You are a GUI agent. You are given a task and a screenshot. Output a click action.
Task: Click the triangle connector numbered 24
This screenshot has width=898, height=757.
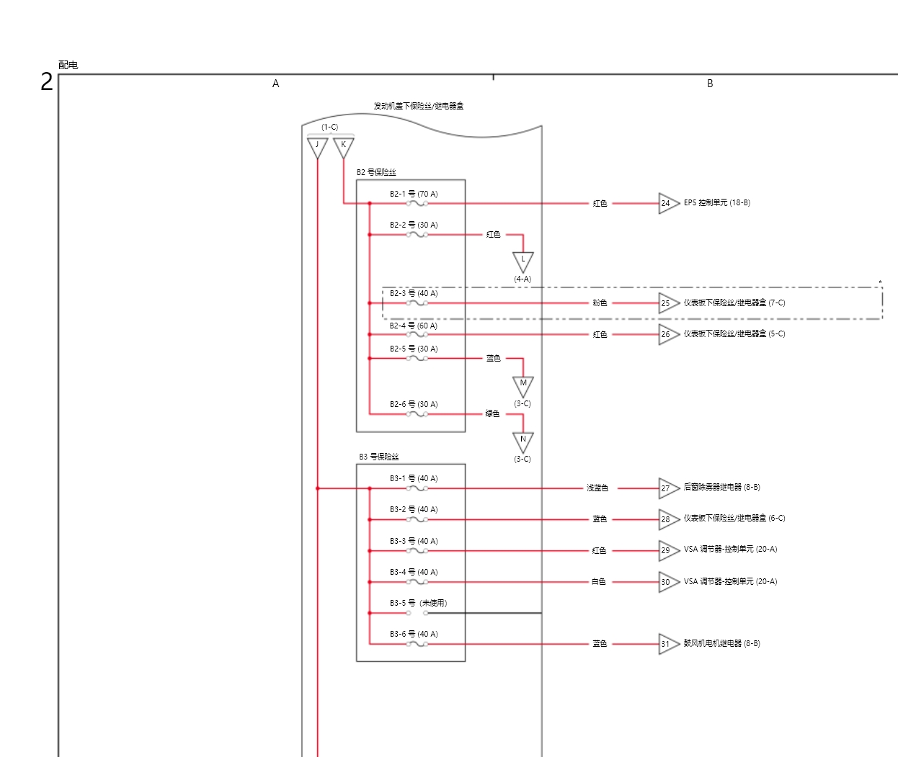(667, 203)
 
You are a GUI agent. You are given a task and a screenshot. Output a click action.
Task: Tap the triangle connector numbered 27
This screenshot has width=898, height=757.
(667, 488)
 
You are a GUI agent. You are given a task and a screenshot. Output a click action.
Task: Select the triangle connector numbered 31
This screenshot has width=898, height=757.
(667, 644)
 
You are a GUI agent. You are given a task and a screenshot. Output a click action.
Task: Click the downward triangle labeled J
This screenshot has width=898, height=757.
(317, 146)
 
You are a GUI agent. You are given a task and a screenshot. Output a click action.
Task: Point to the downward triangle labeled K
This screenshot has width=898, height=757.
(344, 146)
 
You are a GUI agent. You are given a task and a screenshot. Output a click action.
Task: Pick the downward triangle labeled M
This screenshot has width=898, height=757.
(523, 385)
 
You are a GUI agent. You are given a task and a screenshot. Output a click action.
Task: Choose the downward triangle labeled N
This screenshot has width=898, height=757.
(523, 440)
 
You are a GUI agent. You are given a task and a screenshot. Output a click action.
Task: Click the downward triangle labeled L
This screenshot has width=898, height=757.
(523, 261)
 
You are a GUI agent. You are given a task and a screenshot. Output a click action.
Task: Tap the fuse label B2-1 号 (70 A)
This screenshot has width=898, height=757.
(414, 194)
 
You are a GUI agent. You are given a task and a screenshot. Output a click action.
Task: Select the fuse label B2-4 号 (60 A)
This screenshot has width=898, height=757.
(414, 326)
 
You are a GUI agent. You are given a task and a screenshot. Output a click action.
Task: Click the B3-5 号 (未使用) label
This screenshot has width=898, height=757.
(418, 603)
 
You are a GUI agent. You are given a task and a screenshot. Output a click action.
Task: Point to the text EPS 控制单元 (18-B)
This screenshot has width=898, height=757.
(717, 202)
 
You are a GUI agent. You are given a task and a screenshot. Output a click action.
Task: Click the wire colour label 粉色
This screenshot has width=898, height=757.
(600, 303)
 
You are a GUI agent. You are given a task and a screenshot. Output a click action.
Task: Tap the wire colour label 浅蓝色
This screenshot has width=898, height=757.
(597, 488)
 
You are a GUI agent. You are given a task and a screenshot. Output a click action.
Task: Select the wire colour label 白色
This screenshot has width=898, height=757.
(599, 582)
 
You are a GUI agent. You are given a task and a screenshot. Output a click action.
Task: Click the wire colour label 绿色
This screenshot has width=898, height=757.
(492, 413)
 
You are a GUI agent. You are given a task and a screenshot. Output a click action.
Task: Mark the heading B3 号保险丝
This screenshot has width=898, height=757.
(379, 457)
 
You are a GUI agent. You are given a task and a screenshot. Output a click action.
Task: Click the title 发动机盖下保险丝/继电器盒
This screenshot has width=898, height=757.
(419, 106)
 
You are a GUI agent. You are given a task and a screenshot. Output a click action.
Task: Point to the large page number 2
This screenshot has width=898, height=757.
(47, 82)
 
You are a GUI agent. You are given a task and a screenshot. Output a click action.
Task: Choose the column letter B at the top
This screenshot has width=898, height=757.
(710, 84)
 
